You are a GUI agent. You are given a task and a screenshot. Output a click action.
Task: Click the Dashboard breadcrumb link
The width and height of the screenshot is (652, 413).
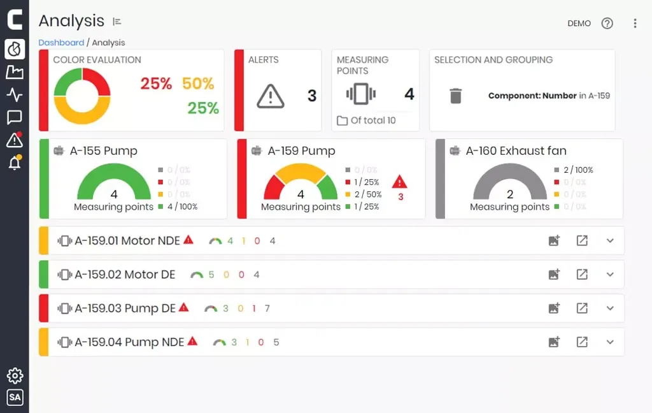[61, 43]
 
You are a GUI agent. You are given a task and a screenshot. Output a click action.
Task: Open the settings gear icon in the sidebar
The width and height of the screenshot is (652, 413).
[15, 375]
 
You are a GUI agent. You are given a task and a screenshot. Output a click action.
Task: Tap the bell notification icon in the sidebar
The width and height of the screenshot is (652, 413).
[14, 163]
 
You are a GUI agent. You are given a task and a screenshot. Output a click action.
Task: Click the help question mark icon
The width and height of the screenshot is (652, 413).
[607, 24]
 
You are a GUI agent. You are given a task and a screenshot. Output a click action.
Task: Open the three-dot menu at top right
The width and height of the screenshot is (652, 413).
[635, 24]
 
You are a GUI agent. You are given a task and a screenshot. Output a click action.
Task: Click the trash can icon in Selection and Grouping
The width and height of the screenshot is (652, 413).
[455, 96]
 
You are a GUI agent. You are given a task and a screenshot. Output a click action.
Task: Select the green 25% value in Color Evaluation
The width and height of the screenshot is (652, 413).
[203, 108]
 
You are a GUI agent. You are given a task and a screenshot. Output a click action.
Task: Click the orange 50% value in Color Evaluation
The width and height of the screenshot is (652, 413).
[198, 83]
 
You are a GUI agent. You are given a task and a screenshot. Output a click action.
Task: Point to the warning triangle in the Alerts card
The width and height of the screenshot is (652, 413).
[271, 96]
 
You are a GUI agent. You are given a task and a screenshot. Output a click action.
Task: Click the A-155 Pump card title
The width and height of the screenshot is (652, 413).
[103, 151]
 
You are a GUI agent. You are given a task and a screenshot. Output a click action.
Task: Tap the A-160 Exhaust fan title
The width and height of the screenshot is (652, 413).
[516, 151]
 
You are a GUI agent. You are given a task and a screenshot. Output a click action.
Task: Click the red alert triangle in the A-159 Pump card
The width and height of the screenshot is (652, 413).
[400, 182]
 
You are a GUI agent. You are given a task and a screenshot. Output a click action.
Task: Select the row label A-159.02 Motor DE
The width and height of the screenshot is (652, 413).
[125, 275]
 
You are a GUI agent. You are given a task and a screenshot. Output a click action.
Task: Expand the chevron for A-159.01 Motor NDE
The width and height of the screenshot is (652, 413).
[610, 241]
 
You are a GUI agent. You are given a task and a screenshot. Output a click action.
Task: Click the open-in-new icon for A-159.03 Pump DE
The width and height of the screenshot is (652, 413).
[582, 308]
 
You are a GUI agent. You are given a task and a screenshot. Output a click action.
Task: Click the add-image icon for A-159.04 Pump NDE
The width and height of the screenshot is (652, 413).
[554, 342]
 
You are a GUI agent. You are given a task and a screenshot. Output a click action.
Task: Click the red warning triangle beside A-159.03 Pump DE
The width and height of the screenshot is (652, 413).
[184, 308]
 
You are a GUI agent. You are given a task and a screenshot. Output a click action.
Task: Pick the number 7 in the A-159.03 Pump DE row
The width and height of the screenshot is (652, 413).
[267, 308]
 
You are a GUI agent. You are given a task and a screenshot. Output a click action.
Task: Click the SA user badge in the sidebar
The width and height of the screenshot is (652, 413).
[15, 398]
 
